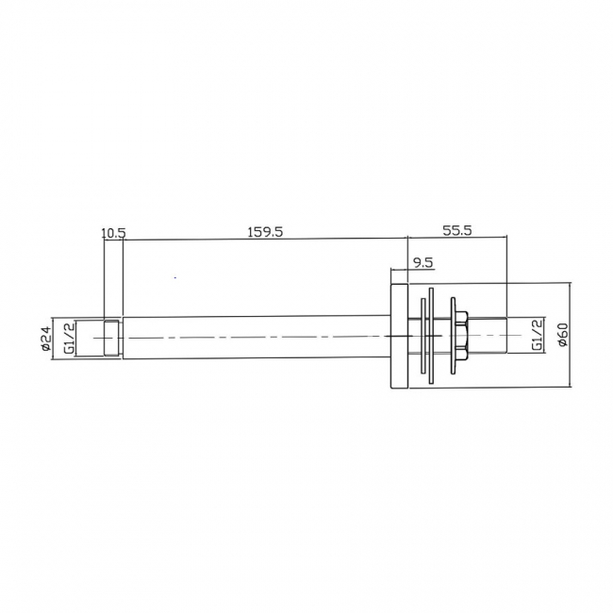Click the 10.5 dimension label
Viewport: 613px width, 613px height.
[113, 231]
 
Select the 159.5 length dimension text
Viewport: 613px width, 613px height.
[264, 231]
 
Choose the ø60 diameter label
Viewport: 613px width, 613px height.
[562, 335]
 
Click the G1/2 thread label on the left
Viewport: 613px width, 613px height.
[68, 336]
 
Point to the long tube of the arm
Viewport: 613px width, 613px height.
[255, 336]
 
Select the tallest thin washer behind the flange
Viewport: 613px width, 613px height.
[431, 336]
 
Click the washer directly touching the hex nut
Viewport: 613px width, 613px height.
[452, 336]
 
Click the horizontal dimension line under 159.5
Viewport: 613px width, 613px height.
[264, 240]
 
